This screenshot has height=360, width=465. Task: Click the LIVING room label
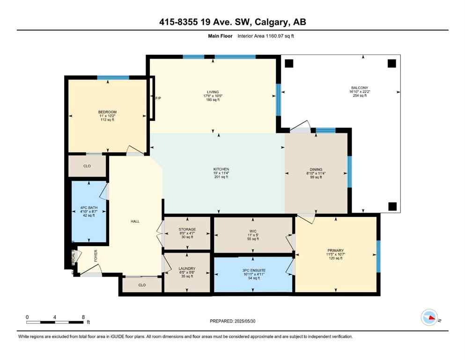214,92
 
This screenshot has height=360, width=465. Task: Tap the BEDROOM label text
107,112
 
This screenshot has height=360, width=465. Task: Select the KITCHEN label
221,169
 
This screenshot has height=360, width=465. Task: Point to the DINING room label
316,170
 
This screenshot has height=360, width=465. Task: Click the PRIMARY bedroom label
335,251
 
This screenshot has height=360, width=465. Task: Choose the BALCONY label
360,88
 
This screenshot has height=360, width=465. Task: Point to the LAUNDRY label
186,269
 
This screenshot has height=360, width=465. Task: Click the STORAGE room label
187,229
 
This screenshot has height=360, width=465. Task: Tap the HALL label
135,221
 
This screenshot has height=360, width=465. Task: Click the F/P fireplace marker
158,98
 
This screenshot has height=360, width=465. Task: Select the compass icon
429,318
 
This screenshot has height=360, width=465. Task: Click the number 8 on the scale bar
83,317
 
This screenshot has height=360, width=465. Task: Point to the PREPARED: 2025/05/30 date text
233,321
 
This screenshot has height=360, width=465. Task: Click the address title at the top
232,22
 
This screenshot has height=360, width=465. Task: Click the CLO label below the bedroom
87,166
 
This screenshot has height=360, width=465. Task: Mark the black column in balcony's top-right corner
391,63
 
